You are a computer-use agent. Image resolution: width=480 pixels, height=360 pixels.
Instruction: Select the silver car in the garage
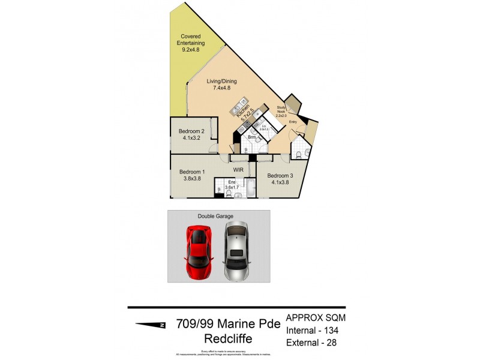click(238, 252)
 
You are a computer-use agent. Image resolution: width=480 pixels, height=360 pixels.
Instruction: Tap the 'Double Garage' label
click(215, 216)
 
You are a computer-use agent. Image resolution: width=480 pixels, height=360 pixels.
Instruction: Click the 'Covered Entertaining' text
click(191, 43)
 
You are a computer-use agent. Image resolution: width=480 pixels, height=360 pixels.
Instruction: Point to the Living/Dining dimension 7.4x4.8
click(222, 88)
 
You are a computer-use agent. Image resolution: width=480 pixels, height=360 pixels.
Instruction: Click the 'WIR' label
click(239, 170)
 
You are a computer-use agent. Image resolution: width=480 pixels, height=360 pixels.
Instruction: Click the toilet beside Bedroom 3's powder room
click(298, 155)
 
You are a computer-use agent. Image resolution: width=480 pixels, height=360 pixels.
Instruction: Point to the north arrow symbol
click(150, 325)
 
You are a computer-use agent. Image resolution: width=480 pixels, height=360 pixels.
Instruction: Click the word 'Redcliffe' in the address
click(228, 339)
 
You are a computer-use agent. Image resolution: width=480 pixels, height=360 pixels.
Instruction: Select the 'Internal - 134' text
click(316, 330)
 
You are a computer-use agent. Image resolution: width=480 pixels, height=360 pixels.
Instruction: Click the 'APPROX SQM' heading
click(316, 317)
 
